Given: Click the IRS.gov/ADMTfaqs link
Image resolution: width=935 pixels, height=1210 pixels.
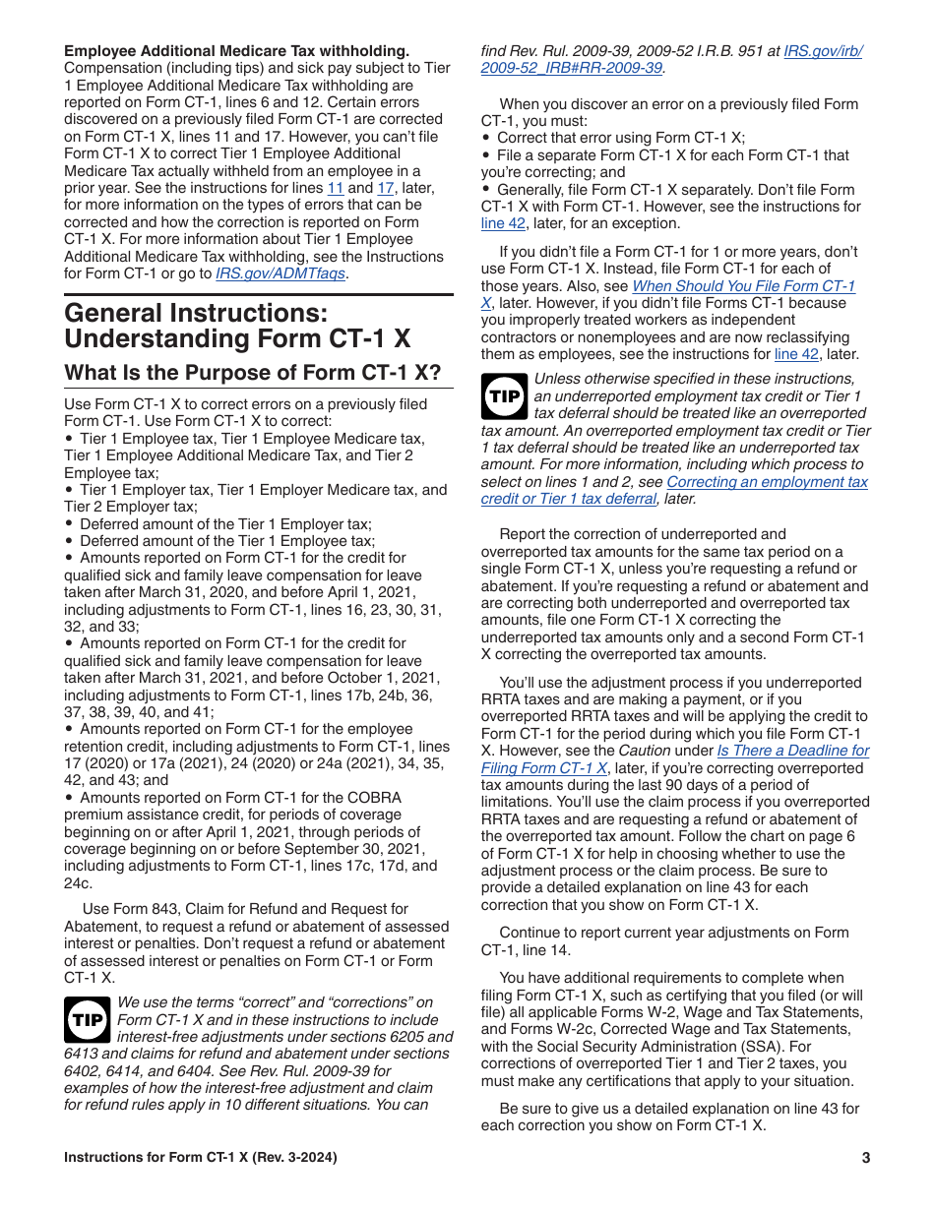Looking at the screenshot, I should tap(280, 273).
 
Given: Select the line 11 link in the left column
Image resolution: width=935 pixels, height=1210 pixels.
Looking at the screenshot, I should tap(335, 188).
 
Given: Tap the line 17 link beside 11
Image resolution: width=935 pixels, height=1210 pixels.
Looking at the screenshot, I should tap(386, 188).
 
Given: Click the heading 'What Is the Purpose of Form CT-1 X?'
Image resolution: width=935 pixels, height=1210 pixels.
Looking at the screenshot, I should tap(252, 373).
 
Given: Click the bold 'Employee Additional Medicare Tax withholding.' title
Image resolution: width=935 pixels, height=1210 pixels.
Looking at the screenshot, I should tap(236, 50).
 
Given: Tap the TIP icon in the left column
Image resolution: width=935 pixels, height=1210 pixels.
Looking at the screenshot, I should tap(88, 1020).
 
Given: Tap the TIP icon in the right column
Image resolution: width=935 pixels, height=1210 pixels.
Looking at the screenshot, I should tap(505, 396).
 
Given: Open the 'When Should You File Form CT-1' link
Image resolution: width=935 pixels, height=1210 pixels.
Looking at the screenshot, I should tap(743, 286).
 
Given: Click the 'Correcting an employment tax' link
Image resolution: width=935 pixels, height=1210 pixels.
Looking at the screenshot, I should tap(767, 482).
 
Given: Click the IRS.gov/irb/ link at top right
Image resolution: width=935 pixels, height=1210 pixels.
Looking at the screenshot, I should tap(823, 51).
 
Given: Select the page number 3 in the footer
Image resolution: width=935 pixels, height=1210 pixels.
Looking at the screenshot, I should tap(866, 1158).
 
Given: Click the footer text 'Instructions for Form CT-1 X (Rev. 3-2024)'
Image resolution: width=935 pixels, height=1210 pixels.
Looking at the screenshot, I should tap(202, 1158).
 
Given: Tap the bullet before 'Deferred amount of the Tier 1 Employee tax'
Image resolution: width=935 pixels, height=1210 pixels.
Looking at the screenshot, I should tap(69, 541).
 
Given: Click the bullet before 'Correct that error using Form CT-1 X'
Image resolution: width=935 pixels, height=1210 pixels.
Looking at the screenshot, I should tap(486, 139).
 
